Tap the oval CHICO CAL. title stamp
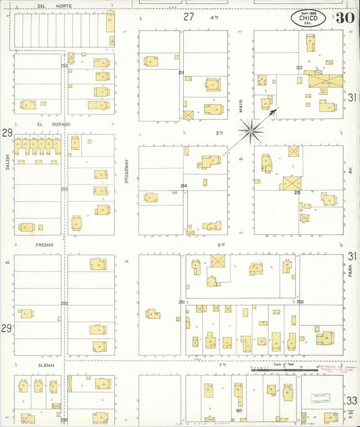tap(307, 18)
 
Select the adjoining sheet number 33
tap(352, 401)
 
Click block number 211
tap(180, 72)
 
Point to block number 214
tap(183, 186)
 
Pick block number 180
tap(238, 410)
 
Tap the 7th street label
tap(221, 365)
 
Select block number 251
tap(181, 301)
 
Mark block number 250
tap(300, 301)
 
